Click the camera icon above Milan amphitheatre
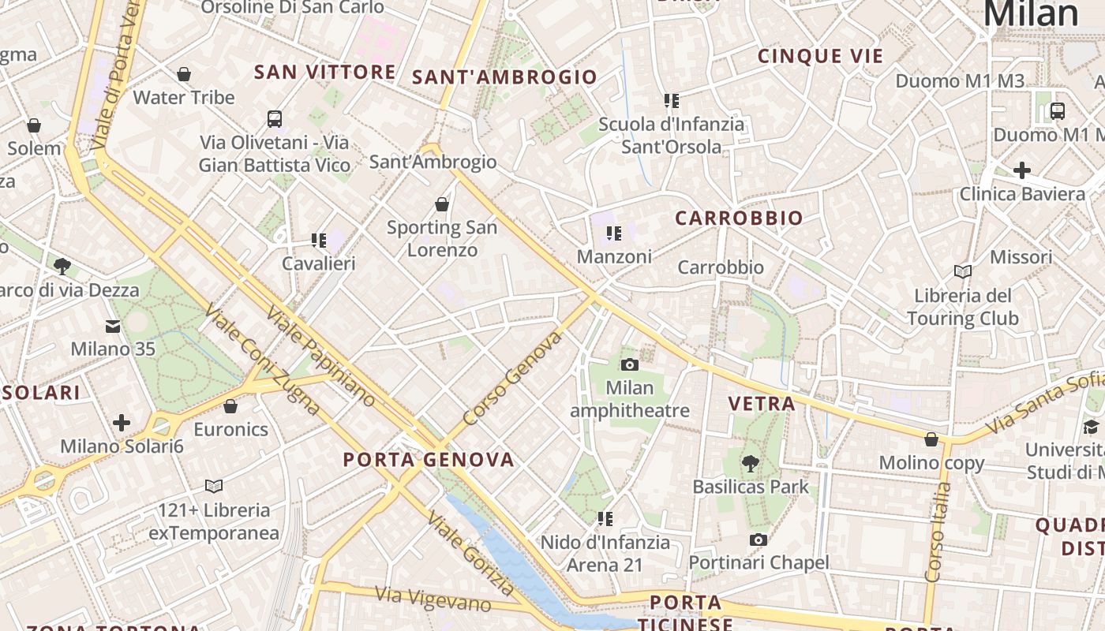point(630,364)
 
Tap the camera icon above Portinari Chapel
point(759,540)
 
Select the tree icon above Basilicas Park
point(751,464)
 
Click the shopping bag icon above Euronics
point(230,406)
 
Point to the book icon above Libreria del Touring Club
point(962,272)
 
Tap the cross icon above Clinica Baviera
point(1022,170)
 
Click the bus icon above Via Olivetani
point(275,119)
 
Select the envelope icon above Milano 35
point(113,326)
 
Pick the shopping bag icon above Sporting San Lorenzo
point(442,204)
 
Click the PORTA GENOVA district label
point(429,459)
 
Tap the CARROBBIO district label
point(739,218)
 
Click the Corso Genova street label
point(512,379)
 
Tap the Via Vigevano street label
point(433,599)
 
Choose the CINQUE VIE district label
point(820,56)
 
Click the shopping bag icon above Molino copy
point(931,439)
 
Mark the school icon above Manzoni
point(614,233)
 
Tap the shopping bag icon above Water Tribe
point(184,74)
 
